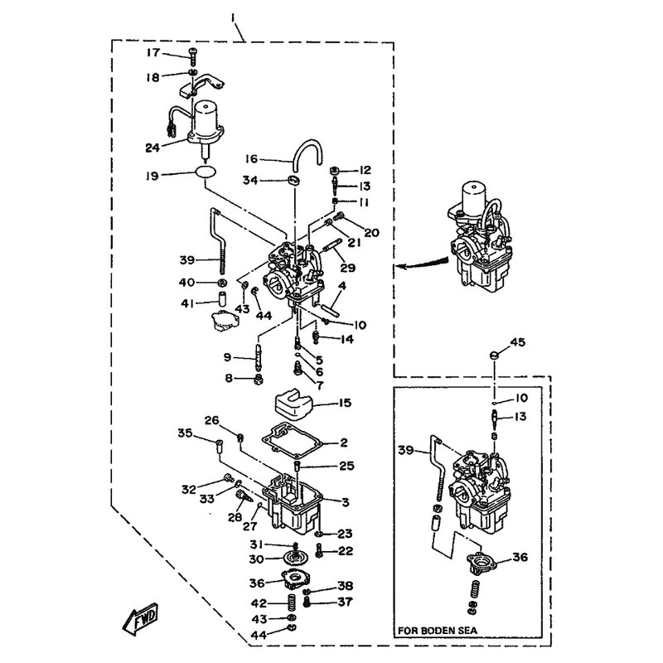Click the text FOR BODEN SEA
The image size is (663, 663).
tap(438, 631)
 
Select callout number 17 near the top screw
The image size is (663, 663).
tap(153, 53)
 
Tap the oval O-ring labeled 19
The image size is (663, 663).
tap(206, 172)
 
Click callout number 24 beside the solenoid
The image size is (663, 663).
tap(152, 148)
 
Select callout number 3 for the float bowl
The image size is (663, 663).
tap(346, 502)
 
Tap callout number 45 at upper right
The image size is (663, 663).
tap(517, 342)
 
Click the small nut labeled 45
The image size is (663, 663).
tap(494, 356)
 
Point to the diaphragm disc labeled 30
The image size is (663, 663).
tap(295, 558)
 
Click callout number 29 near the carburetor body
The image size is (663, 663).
tap(348, 268)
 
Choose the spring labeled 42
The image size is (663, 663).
tap(292, 603)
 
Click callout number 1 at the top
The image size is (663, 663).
tap(233, 18)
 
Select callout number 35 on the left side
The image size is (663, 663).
tap(185, 433)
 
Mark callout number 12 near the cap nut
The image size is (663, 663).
tap(365, 170)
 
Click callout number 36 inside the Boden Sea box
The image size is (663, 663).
tap(520, 557)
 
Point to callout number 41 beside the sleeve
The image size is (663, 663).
tap(187, 303)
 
